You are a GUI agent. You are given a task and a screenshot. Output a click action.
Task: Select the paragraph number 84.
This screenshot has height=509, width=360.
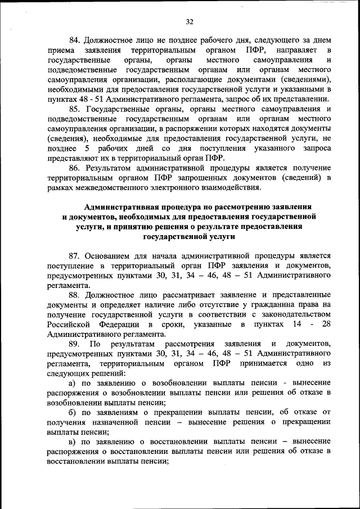75,41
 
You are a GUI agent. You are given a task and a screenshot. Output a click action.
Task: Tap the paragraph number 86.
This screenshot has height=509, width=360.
75,168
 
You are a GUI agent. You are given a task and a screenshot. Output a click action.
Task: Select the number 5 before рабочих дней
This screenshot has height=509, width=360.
87,148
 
